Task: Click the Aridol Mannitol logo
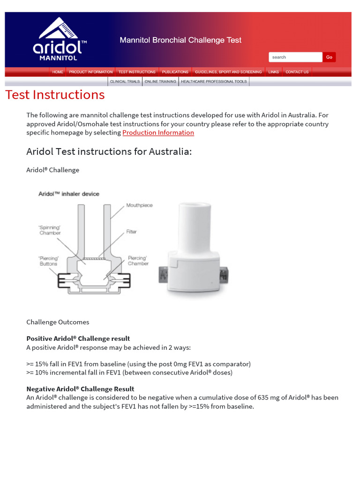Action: coord(59,39)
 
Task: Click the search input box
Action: coord(295,57)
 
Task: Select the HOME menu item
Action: coord(58,72)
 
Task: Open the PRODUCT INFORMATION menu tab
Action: coord(90,72)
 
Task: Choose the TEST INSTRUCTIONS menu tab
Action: coord(137,72)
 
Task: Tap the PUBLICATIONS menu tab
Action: coord(175,72)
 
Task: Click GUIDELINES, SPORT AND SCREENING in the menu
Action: coord(228,72)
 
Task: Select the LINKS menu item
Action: coord(273,72)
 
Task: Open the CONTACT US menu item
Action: coord(297,72)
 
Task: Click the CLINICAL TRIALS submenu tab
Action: coord(125,82)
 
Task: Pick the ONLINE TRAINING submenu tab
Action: coord(160,82)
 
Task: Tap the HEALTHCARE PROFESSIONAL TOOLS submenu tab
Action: coord(214,82)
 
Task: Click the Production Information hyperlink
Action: coord(158,133)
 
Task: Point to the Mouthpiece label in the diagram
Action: coord(139,205)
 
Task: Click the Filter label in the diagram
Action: coord(131,232)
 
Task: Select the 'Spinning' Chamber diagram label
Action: coord(50,230)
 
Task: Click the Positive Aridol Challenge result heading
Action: coord(78,338)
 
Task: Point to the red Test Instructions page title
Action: coord(55,95)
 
